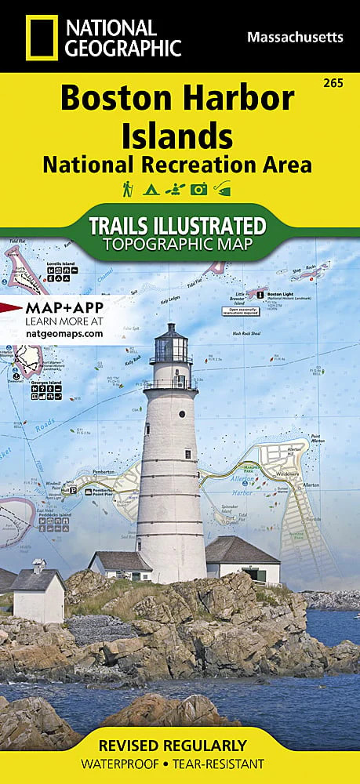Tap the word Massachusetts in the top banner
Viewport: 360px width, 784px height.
click(295, 36)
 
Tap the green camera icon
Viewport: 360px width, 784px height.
click(199, 189)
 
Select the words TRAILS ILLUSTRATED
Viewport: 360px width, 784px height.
click(177, 226)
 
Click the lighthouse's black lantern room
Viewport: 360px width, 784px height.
click(172, 345)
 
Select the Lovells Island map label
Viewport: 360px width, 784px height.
click(60, 264)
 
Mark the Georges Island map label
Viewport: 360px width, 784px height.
click(46, 382)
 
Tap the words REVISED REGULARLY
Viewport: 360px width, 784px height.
click(180, 744)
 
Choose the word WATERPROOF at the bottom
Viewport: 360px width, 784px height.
click(133, 764)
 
